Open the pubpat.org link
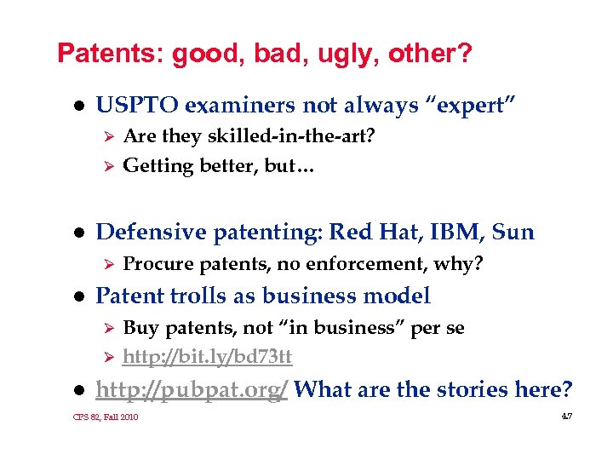pyautogui.click(x=192, y=390)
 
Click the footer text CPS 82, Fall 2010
pyautogui.click(x=106, y=417)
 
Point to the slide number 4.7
pyautogui.click(x=566, y=416)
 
